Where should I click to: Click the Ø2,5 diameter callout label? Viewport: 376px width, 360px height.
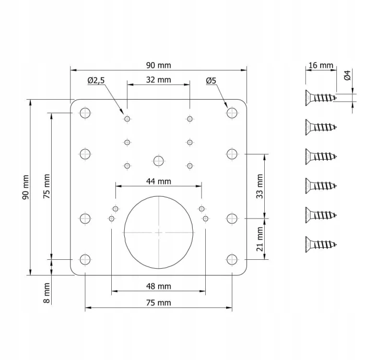point(96,80)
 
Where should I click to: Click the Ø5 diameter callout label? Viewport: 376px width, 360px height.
point(211,81)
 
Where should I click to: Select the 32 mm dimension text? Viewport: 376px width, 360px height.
point(159,80)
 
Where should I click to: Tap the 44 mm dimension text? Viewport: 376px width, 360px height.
point(159,182)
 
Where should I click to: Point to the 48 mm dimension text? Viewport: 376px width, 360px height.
point(159,286)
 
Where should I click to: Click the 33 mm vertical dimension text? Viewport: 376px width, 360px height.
point(260,186)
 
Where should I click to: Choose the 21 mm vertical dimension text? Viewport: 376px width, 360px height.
point(260,239)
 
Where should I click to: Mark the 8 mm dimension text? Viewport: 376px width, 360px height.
point(46,293)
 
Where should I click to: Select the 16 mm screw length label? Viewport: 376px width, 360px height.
point(321,65)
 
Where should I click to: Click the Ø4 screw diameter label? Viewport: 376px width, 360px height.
point(347,75)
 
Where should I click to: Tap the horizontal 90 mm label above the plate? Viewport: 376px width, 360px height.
point(159,65)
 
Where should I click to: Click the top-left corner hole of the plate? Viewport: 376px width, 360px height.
point(85,113)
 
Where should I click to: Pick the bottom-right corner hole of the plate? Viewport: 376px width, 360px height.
point(232,259)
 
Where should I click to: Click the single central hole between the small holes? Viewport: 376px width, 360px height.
point(159,161)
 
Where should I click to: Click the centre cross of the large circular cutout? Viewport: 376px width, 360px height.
point(159,232)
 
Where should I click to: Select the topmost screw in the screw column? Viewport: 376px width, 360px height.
point(321,98)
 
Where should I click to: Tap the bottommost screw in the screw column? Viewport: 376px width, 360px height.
point(321,244)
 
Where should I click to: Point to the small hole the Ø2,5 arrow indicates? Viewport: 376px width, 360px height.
point(127,118)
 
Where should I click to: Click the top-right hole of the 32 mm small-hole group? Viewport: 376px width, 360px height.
point(190,118)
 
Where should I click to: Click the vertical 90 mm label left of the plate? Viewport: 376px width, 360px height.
point(26,187)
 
